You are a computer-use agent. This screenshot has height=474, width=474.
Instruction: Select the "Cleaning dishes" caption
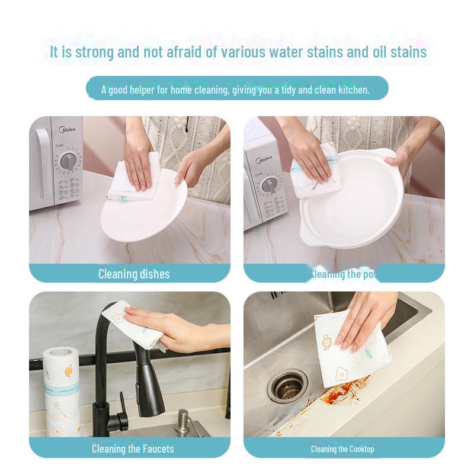(133, 274)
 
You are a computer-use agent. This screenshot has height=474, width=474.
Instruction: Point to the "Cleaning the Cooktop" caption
(342, 449)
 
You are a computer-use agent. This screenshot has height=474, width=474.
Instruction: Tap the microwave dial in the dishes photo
(68, 161)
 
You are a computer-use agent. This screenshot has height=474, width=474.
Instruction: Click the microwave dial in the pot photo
(270, 184)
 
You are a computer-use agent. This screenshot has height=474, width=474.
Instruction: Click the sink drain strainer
(287, 386)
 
